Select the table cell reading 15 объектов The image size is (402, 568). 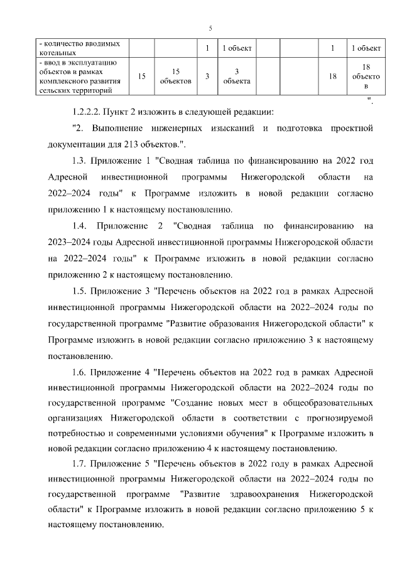click(x=176, y=76)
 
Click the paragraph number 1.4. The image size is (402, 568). click(x=80, y=225)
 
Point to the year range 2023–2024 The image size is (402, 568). click(x=69, y=242)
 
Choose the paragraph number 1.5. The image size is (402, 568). click(x=80, y=291)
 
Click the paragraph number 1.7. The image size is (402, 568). click(x=80, y=464)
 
